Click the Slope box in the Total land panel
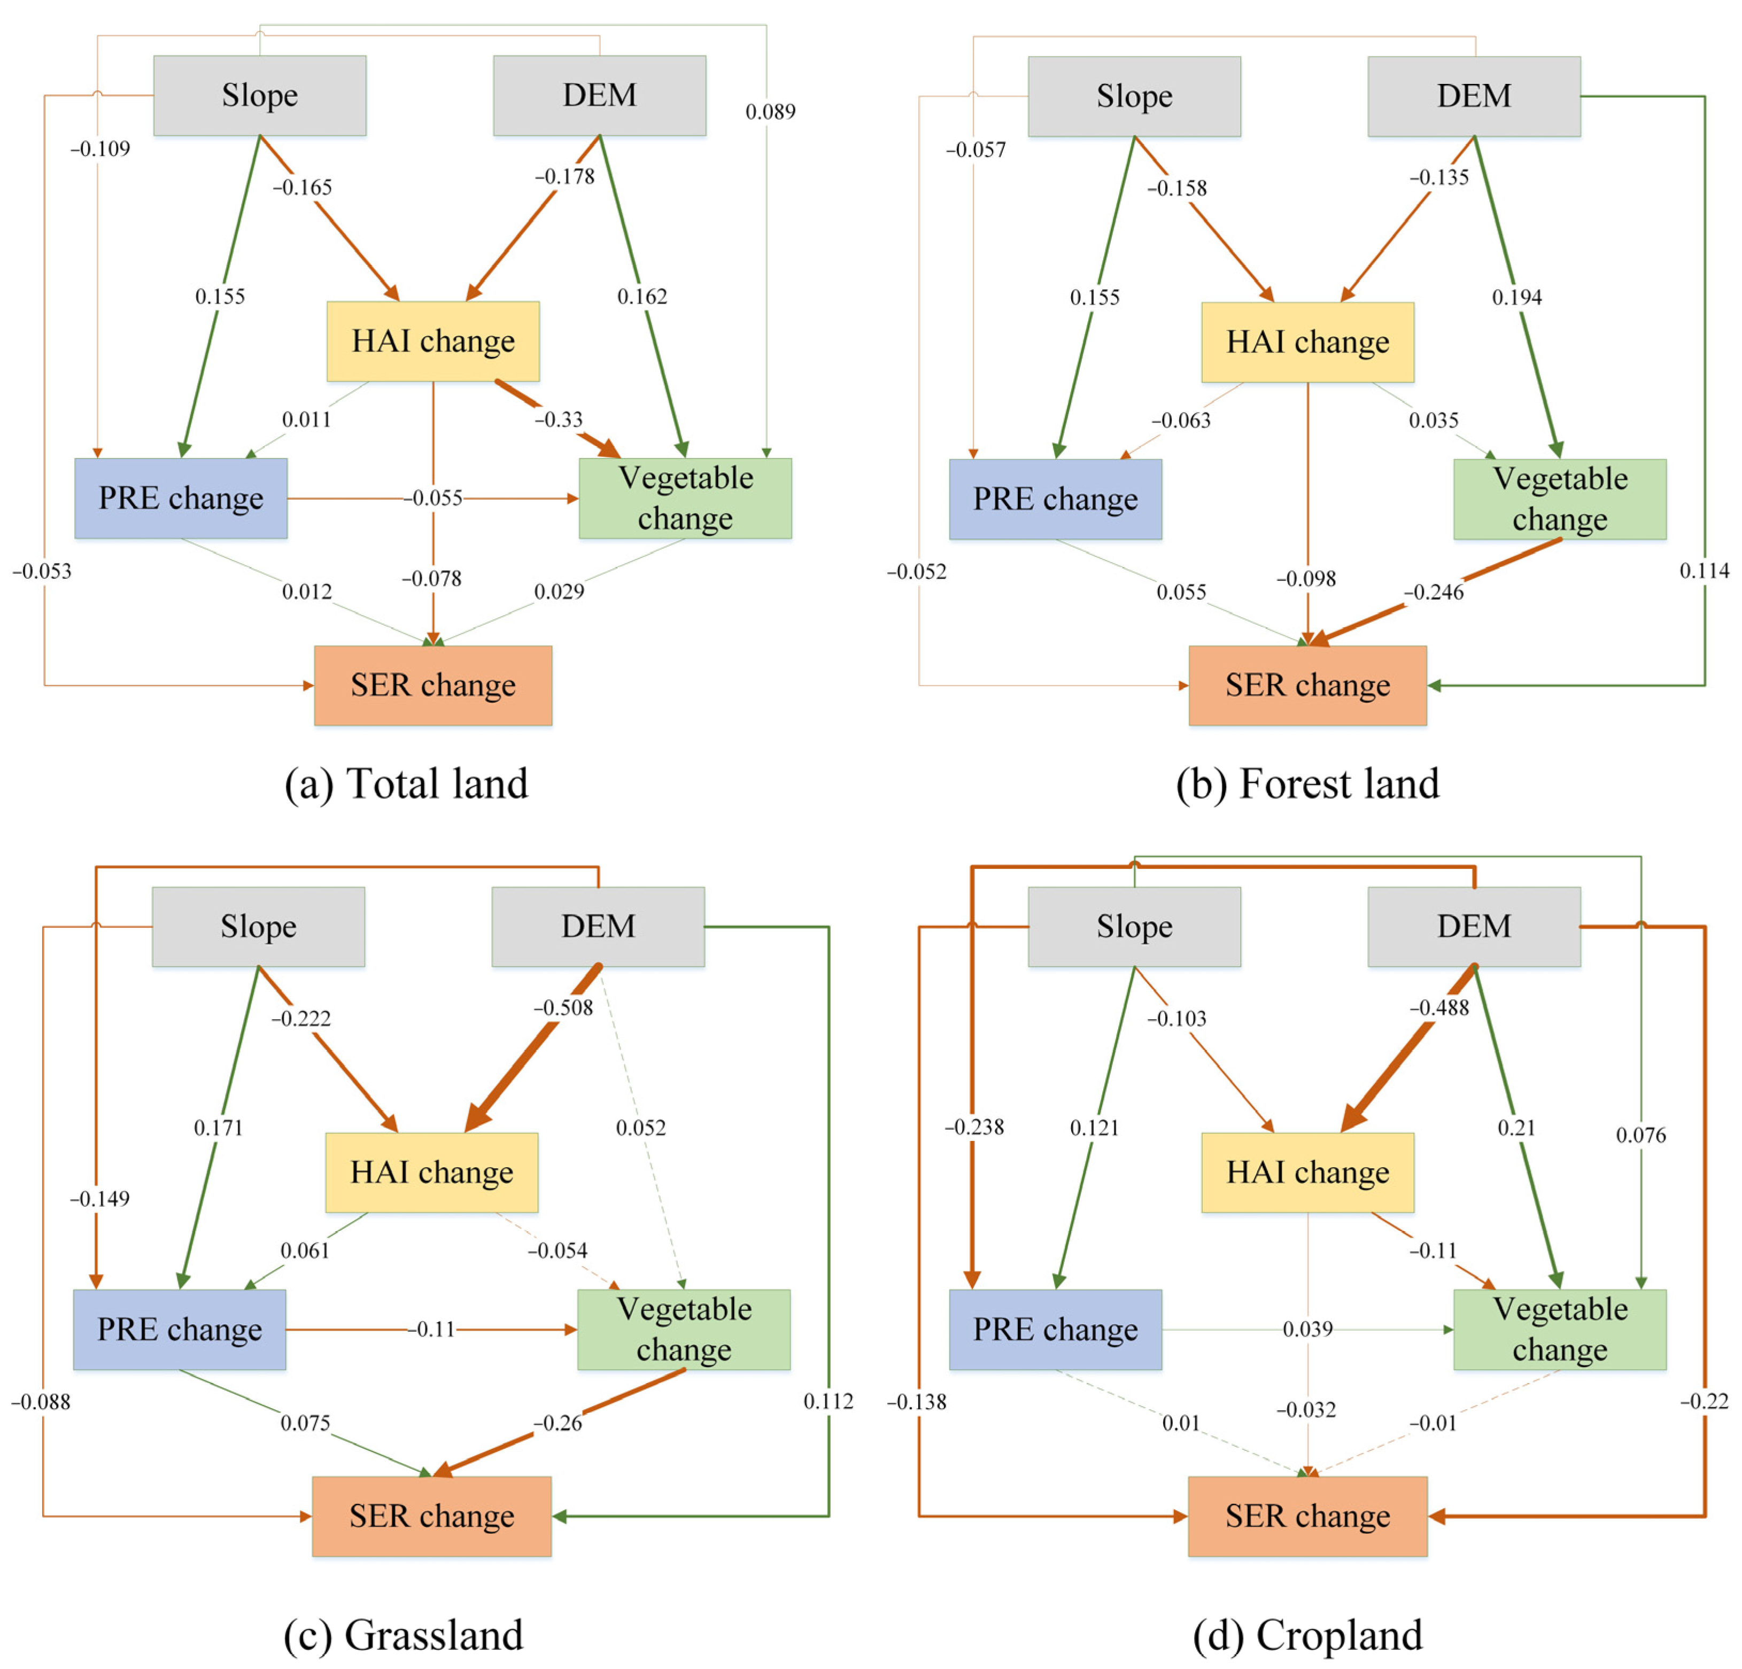click(260, 95)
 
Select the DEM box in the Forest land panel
click(1474, 96)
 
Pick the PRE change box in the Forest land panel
click(1055, 499)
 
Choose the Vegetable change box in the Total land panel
click(685, 498)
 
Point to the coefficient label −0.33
click(558, 420)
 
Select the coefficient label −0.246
click(1434, 592)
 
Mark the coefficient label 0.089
click(770, 111)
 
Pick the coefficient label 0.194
click(1516, 297)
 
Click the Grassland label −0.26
click(558, 1422)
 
